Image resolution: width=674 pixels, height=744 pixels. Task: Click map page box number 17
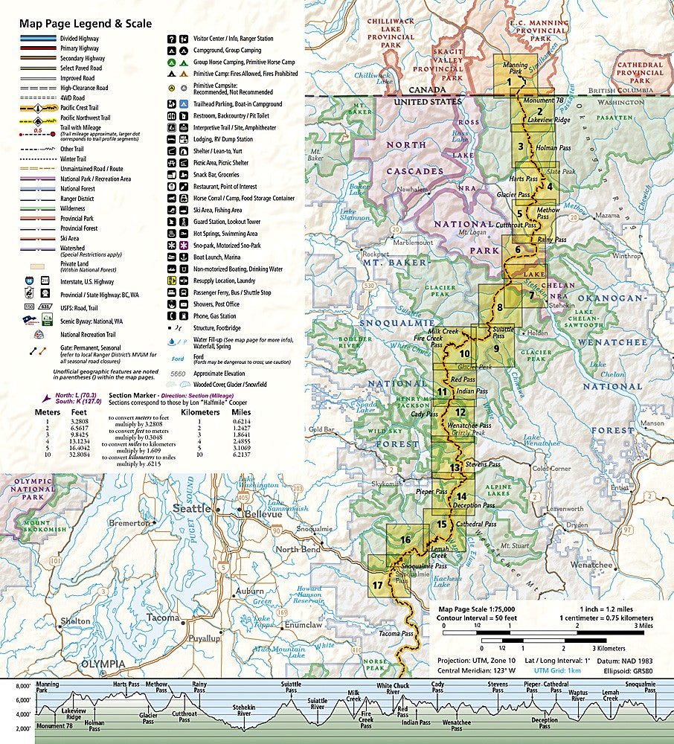378,585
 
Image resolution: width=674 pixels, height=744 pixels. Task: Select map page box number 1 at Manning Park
509,83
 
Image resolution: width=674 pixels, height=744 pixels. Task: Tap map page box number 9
495,348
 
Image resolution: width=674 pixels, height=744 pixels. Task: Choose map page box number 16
405,539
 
